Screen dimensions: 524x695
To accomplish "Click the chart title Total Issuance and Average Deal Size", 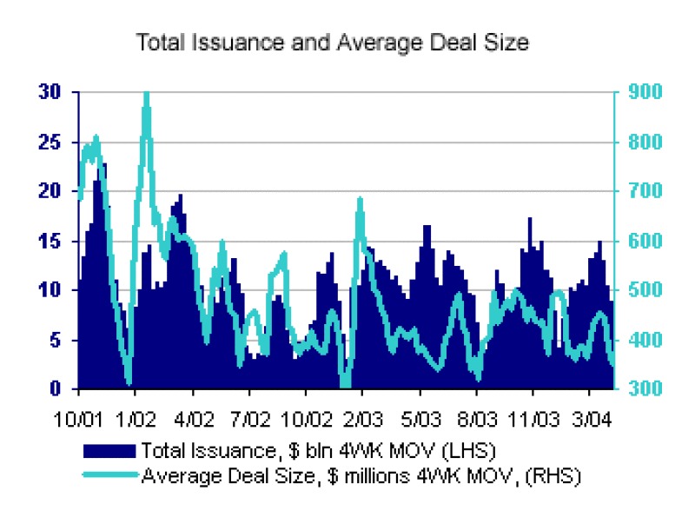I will (333, 42).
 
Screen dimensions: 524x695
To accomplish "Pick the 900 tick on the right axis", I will (644, 91).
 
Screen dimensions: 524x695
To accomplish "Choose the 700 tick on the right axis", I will (644, 191).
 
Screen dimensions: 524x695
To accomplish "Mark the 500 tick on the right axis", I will (644, 290).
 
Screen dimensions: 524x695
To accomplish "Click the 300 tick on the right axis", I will (644, 389).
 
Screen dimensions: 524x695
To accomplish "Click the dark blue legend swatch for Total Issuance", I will (109, 450).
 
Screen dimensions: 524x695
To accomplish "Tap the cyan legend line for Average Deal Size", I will (109, 475).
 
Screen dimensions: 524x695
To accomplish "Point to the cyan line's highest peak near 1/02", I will (146, 94).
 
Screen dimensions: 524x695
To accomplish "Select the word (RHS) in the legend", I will (556, 475).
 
